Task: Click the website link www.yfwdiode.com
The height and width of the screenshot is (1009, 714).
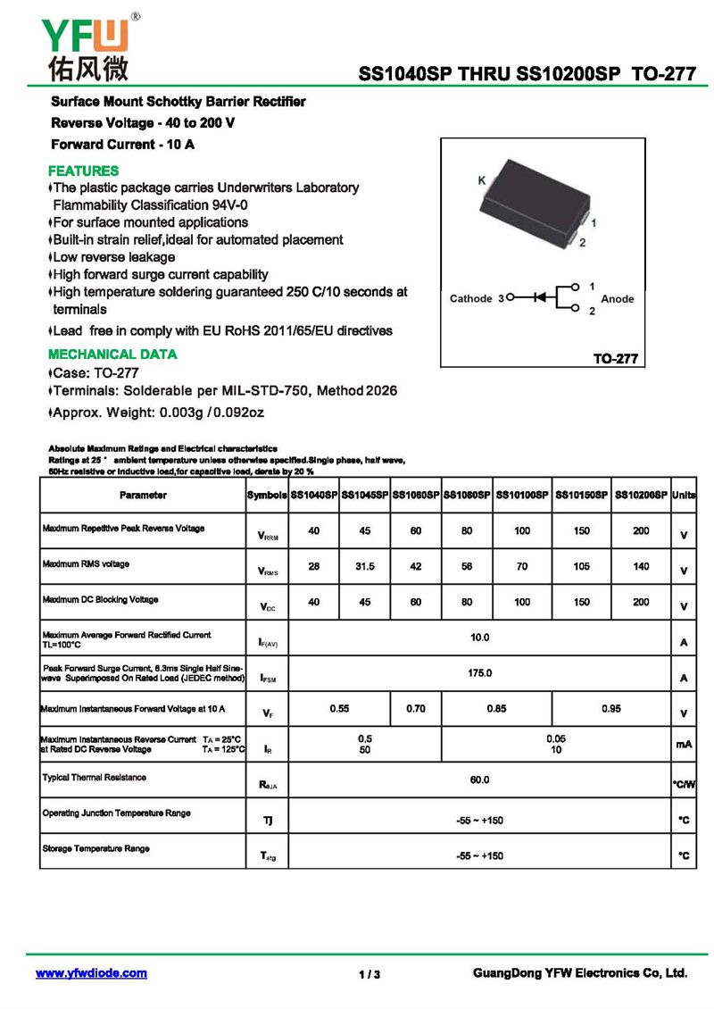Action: coord(91,973)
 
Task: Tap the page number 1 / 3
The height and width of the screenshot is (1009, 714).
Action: coord(369,974)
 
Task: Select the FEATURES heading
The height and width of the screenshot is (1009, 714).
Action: coord(83,171)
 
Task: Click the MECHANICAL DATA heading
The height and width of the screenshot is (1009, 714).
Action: coord(112,354)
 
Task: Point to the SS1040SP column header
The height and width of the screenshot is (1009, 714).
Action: coord(314,495)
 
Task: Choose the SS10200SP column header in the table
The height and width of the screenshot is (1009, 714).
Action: coord(641,495)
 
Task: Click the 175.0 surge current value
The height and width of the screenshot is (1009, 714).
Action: coord(480,672)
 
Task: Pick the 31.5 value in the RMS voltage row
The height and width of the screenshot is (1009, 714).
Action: coord(365,566)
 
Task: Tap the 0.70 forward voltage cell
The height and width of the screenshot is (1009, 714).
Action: coord(416,709)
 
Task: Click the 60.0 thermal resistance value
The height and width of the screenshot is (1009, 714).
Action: coord(480,780)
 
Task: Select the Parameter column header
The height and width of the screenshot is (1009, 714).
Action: coord(143,495)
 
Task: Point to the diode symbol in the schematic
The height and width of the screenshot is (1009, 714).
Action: coord(539,298)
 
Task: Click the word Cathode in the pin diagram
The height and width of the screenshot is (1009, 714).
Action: coord(470,298)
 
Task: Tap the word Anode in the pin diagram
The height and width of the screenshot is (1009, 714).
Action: coord(617,298)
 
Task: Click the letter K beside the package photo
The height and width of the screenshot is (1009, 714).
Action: coord(482,181)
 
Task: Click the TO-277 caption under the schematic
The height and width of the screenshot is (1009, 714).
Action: coord(616,358)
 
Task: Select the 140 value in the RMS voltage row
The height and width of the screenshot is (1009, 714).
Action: coord(641,566)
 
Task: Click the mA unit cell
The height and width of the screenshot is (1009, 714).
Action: coord(684,744)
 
